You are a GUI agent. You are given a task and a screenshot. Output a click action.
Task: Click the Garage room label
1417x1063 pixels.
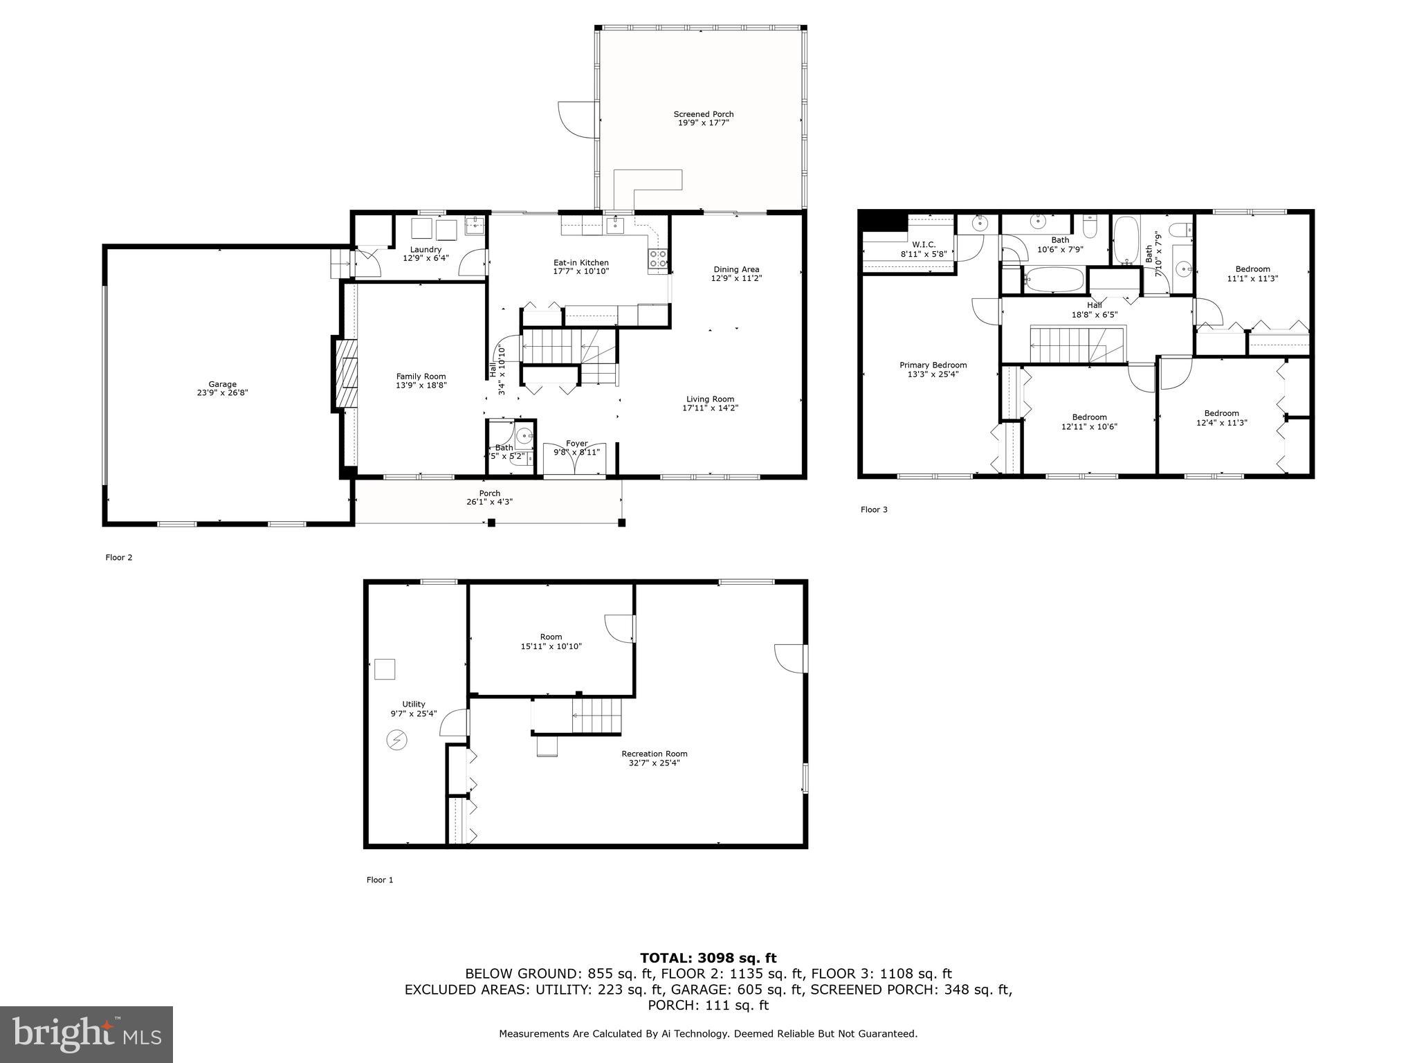[222, 384]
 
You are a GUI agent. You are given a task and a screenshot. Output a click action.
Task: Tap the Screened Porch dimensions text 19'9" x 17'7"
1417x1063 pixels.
[704, 123]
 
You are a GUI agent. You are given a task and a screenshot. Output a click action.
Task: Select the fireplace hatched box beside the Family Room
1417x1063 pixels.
[347, 374]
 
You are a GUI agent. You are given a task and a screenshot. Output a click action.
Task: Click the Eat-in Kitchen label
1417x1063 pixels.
[580, 263]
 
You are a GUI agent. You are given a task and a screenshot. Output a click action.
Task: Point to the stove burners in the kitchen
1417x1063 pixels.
[658, 259]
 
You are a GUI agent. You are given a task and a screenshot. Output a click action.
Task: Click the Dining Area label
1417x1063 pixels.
[736, 270]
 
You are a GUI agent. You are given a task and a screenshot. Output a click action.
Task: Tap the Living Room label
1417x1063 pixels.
[710, 399]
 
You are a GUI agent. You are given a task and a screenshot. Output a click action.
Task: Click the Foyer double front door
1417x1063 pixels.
[574, 462]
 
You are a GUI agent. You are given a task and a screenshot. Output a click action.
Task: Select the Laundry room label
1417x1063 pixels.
[426, 250]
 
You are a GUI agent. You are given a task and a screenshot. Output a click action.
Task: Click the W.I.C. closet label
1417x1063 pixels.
[924, 245]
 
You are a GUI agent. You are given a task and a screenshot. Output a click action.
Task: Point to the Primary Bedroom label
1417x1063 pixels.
[933, 365]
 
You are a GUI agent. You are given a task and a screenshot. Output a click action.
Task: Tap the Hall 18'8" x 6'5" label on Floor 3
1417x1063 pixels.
[1095, 309]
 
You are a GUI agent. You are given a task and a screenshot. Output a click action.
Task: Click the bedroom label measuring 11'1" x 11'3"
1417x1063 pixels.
[1252, 274]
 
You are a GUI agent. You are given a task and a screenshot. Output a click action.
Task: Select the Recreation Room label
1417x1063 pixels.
[654, 754]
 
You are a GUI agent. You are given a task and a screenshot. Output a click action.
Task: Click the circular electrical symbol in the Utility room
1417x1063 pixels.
[396, 741]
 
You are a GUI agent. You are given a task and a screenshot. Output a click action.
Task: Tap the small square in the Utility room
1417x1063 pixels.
[385, 669]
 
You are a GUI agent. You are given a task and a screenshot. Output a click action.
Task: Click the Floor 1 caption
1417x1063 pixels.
[380, 880]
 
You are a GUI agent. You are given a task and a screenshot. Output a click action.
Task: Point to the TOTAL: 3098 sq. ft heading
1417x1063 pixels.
[708, 958]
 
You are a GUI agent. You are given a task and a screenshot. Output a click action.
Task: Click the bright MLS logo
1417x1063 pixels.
[86, 1034]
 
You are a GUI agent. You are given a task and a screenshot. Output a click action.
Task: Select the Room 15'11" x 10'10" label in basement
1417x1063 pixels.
[551, 642]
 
